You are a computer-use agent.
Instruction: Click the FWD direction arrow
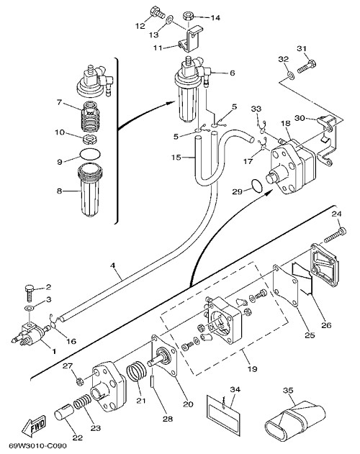(34, 427)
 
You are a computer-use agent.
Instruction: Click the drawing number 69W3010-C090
(37, 445)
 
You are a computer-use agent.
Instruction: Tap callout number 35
(288, 390)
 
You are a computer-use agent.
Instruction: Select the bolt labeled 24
(335, 235)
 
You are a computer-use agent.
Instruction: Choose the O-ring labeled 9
(90, 153)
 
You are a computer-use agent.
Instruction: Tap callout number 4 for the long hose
(113, 265)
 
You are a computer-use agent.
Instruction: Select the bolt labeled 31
(307, 66)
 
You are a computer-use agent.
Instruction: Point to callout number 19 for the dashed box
(252, 368)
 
